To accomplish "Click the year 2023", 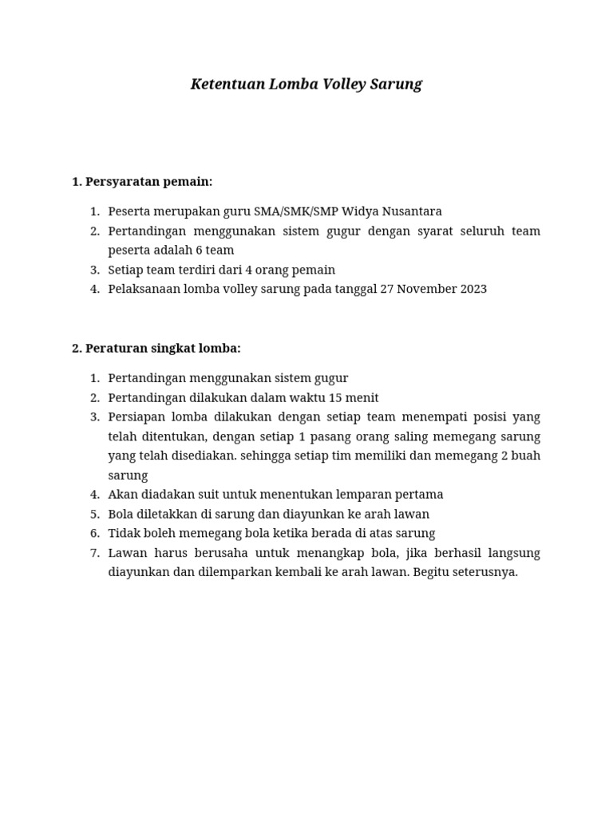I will tap(473, 289).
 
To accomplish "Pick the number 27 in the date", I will tap(387, 289).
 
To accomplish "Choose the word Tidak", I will tap(123, 534).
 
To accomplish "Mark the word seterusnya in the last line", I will tap(487, 572).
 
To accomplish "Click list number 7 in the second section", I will tap(94, 553).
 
